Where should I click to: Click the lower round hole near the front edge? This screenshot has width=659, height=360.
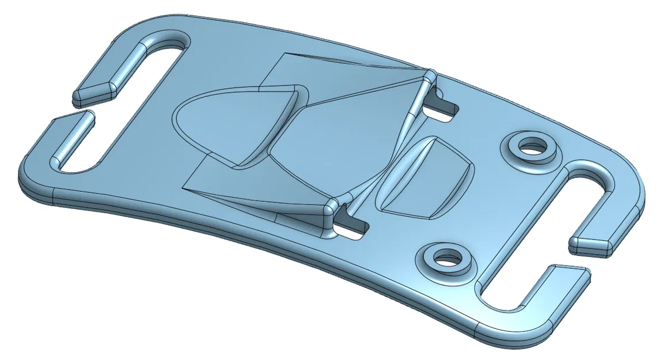pos(444,259)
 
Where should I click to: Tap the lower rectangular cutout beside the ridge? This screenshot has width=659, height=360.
pos(351,228)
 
